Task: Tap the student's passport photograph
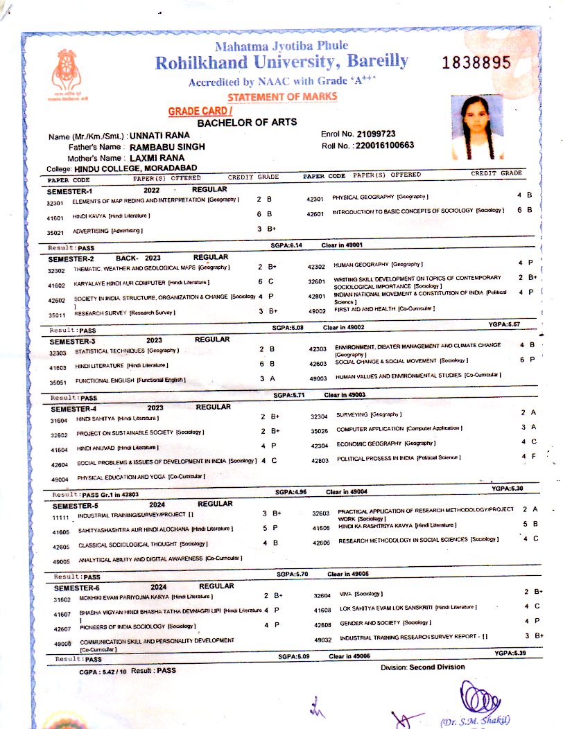click(x=476, y=128)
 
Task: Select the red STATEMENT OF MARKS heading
click(x=282, y=96)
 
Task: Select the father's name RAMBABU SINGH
click(x=166, y=147)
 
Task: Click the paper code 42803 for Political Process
click(x=320, y=459)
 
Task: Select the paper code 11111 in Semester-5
click(x=62, y=517)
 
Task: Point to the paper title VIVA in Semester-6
click(x=344, y=594)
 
